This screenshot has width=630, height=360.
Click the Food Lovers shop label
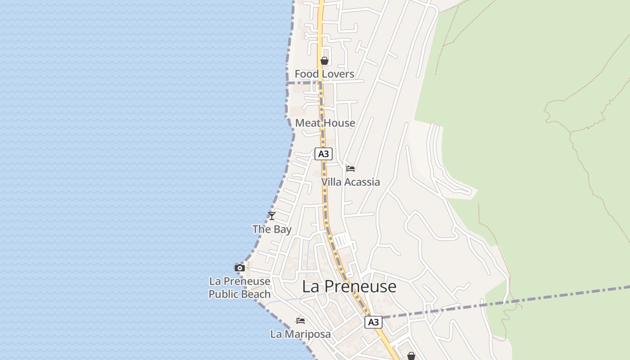coord(324,74)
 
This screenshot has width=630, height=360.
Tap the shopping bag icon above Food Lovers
coord(324,61)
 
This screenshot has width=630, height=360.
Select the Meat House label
coord(325,123)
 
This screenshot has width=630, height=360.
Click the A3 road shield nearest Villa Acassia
coord(323,154)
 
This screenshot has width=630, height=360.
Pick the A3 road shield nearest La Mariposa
coord(373,322)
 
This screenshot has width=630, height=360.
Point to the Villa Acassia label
coord(350,182)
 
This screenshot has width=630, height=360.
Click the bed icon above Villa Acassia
coord(351,169)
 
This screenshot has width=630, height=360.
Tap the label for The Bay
coord(272,229)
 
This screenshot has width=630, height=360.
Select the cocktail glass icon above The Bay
coord(272,216)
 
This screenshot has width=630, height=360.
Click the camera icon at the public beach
coord(240,268)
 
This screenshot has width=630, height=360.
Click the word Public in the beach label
coord(223,294)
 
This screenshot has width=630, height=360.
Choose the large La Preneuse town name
coord(349,287)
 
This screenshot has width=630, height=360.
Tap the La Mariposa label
coord(300,334)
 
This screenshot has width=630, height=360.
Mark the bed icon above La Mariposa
coord(301,321)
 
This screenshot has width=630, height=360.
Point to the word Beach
coord(255,294)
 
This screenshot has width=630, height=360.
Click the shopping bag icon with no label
coord(411,356)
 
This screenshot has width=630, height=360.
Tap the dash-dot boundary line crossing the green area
coord(562,296)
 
